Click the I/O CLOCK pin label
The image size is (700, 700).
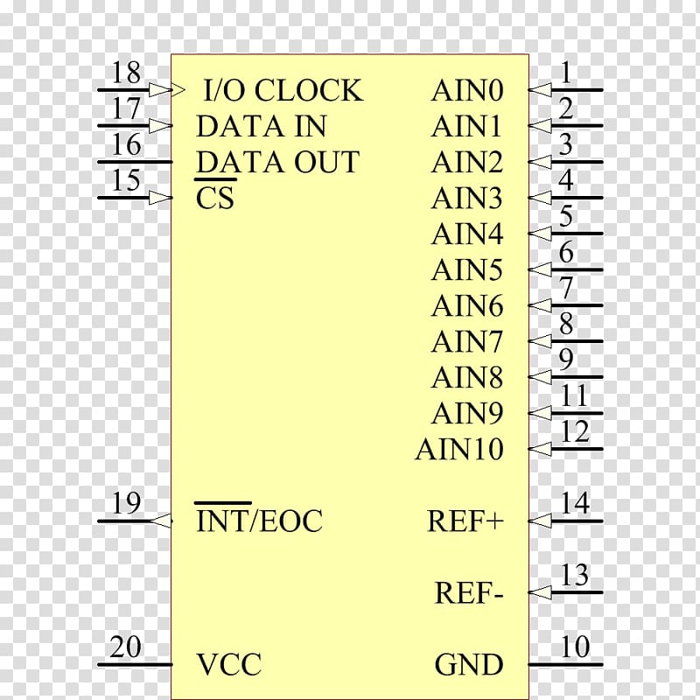click(x=283, y=90)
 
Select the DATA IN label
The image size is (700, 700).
click(x=261, y=126)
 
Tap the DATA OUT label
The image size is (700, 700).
click(x=277, y=162)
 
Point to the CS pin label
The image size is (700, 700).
click(x=214, y=198)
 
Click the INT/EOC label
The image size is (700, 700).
click(x=259, y=521)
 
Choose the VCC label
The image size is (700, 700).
click(x=229, y=664)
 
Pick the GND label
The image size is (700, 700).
click(x=469, y=664)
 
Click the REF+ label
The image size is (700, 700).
click(x=465, y=521)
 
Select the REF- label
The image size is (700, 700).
click(x=469, y=592)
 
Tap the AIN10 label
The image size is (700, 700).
click(x=459, y=449)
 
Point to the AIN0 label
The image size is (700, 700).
click(x=467, y=90)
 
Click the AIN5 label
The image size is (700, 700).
click(x=467, y=269)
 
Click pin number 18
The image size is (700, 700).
click(x=126, y=72)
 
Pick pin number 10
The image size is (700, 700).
click(x=575, y=646)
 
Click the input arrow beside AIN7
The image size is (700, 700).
click(x=540, y=341)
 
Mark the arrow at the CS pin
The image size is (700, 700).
click(x=160, y=198)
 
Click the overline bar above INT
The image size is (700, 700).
click(x=223, y=503)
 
